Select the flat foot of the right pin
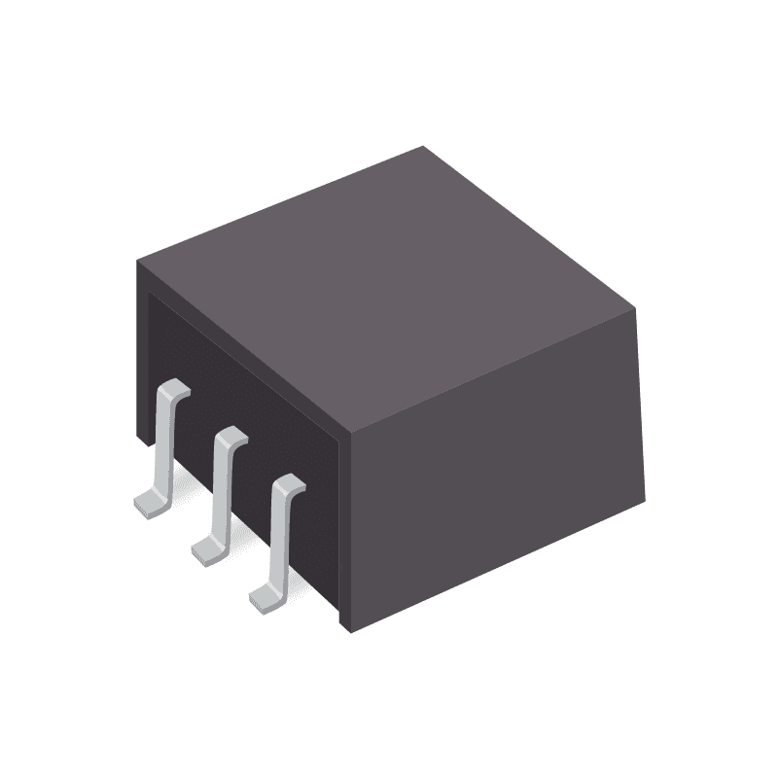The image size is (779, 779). [x=266, y=596]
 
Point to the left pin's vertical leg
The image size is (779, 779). [x=163, y=443]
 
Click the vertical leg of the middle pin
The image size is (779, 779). [x=222, y=491]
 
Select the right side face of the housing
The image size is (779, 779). [x=496, y=467]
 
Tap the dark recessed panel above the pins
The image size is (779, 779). [x=243, y=389]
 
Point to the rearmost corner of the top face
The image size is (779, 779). [x=423, y=147]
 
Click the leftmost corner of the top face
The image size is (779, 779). [x=137, y=261]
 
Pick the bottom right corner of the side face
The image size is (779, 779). [x=645, y=499]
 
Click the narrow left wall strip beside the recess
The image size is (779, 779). [x=142, y=360]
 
